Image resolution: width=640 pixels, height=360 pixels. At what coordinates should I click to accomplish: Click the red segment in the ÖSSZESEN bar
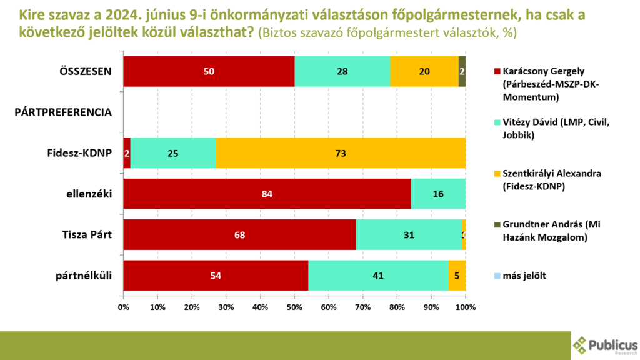[209, 71]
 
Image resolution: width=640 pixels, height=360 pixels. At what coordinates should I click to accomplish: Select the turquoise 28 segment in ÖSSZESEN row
[342, 71]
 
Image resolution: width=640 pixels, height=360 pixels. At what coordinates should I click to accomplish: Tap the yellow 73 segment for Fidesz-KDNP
[341, 152]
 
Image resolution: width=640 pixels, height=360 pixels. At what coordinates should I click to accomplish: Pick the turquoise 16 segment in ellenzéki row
[438, 194]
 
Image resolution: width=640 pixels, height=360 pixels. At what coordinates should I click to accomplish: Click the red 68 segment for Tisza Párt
[239, 234]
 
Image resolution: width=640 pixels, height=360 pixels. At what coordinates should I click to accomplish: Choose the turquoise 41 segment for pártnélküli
[378, 275]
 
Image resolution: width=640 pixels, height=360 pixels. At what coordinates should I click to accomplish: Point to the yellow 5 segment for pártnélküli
[457, 275]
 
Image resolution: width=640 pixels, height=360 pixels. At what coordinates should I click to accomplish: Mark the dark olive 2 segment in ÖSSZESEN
[462, 71]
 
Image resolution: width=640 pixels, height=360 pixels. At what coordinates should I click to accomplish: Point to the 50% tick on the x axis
[294, 307]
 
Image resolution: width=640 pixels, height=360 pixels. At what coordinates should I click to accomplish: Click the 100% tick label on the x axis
[465, 307]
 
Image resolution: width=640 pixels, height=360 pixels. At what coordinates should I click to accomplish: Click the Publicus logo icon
[581, 346]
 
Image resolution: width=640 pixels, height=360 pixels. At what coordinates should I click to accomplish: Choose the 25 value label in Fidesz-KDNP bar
[173, 152]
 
